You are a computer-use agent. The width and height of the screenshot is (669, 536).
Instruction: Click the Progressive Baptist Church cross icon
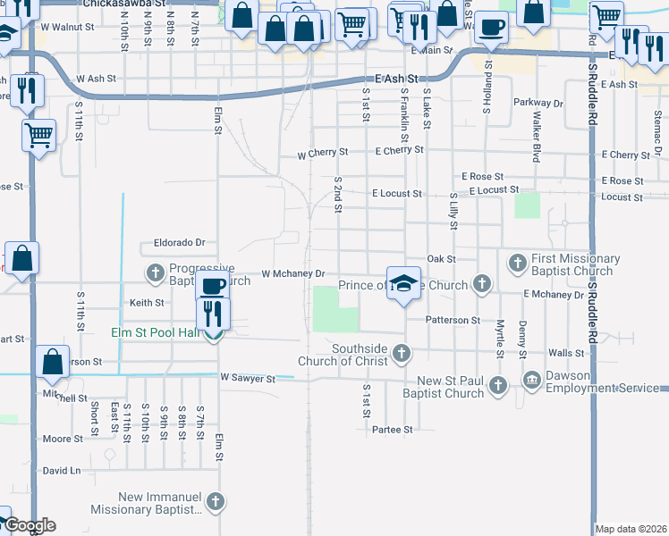click(154, 272)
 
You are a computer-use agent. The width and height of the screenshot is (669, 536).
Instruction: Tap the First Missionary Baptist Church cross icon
click(517, 263)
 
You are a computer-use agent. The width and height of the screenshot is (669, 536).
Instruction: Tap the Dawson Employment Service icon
click(532, 380)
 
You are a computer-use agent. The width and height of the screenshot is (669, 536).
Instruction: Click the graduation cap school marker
click(403, 282)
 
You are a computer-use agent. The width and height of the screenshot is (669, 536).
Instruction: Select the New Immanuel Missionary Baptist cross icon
click(214, 503)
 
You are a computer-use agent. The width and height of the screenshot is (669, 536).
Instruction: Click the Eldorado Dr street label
click(180, 242)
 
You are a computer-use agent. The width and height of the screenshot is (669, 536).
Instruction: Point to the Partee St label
click(392, 430)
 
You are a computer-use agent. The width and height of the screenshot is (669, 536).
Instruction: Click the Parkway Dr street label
click(538, 104)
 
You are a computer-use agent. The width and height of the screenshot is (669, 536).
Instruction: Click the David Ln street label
click(62, 470)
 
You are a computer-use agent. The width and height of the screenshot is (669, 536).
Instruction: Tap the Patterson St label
click(452, 320)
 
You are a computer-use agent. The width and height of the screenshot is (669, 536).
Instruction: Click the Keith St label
click(146, 303)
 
